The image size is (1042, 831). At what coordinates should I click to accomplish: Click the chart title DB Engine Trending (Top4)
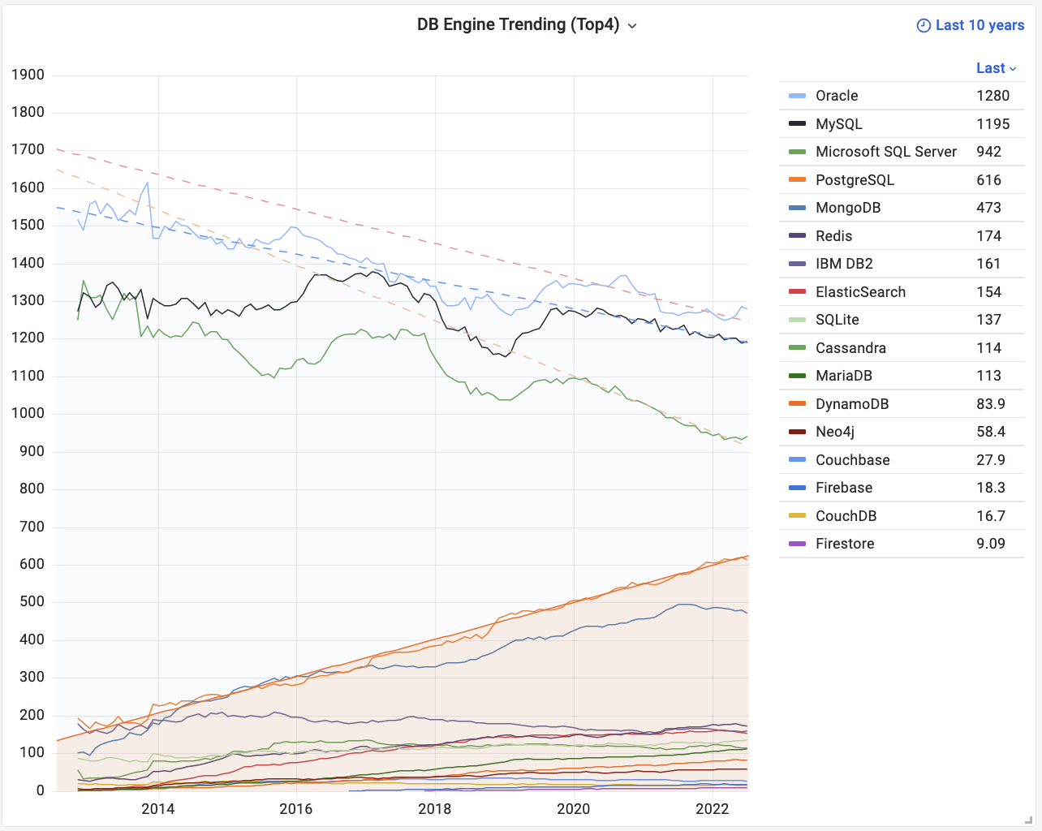518,24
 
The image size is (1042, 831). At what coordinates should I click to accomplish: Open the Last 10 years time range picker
971,25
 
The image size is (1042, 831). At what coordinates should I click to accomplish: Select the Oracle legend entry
837,96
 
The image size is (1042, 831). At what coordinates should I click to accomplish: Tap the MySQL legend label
838,124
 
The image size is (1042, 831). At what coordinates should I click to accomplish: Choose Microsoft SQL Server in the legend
885,152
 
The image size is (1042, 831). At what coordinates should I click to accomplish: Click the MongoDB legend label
847,208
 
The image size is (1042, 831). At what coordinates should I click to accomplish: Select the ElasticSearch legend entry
860,292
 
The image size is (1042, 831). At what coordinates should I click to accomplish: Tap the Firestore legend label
845,544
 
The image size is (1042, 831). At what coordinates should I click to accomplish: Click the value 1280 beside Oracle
992,96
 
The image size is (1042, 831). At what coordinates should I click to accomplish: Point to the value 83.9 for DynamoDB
991,404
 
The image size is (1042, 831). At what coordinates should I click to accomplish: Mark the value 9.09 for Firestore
991,544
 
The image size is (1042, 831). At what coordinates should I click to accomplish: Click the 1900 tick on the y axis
28,75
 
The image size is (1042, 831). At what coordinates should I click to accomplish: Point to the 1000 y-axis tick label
28,413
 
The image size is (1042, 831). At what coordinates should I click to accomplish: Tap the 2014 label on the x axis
157,808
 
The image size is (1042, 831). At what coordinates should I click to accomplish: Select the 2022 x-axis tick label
713,808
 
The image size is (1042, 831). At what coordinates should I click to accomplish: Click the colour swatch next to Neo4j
798,432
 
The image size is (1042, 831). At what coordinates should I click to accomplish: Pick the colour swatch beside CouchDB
798,516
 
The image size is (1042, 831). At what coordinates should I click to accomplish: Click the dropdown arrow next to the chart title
632,26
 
